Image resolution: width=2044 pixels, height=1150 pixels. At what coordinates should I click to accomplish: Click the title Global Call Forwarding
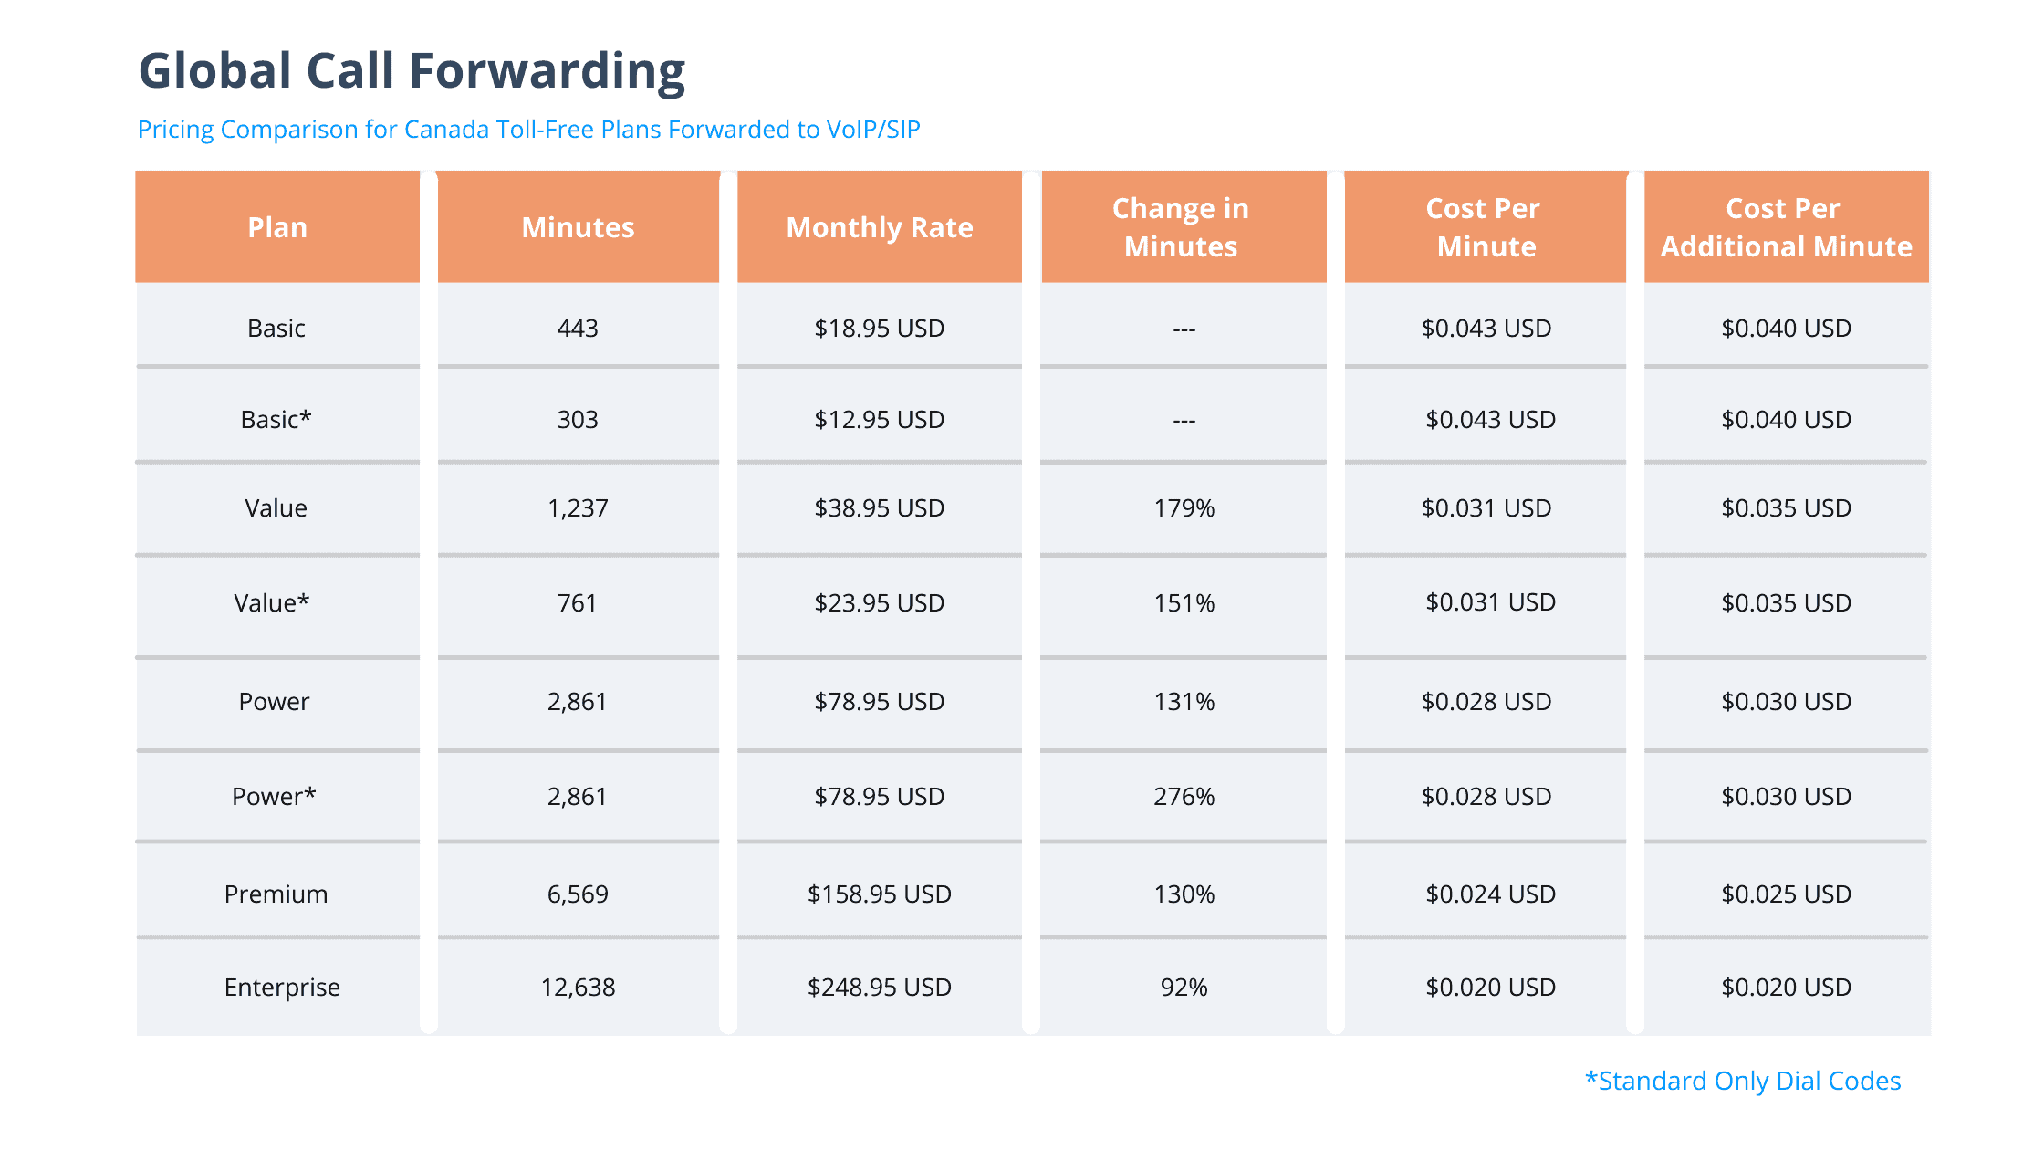pyautogui.click(x=412, y=71)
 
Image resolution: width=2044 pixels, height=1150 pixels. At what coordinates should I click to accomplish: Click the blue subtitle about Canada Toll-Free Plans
pyautogui.click(x=528, y=130)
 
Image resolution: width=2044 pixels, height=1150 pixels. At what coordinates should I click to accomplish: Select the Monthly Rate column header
pyautogui.click(x=879, y=227)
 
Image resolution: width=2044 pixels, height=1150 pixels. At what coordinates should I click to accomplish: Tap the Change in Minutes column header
pyautogui.click(x=1182, y=227)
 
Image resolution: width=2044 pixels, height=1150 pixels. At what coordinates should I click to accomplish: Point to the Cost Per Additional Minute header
pyautogui.click(x=1786, y=227)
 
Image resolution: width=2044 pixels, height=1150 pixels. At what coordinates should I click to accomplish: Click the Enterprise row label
pyautogui.click(x=281, y=987)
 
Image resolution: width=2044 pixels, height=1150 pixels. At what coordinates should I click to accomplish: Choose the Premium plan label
pyautogui.click(x=276, y=894)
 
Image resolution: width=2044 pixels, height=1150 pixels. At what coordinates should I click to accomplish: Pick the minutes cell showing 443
pyautogui.click(x=578, y=329)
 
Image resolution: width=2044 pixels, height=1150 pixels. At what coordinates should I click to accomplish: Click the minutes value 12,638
pyautogui.click(x=578, y=987)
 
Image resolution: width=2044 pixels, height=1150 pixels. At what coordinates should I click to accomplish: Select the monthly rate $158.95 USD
pyautogui.click(x=879, y=894)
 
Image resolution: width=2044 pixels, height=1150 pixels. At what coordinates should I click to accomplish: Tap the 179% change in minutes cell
pyautogui.click(x=1184, y=508)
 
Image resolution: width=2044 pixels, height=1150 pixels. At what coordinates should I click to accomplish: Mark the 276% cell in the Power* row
pyautogui.click(x=1184, y=797)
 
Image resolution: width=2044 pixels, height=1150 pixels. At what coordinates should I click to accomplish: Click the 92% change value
pyautogui.click(x=1184, y=987)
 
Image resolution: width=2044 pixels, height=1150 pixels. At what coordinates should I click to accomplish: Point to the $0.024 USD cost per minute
pyautogui.click(x=1489, y=894)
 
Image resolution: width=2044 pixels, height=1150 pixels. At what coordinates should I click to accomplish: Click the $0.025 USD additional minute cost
pyautogui.click(x=1786, y=894)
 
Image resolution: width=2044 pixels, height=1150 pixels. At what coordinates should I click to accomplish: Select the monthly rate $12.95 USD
pyautogui.click(x=879, y=420)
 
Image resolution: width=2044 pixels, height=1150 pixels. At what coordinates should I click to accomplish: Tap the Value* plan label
pyautogui.click(x=272, y=603)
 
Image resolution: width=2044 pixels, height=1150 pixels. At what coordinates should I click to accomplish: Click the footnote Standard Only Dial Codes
pyautogui.click(x=1742, y=1081)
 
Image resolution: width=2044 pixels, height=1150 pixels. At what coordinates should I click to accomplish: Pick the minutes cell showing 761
pyautogui.click(x=577, y=603)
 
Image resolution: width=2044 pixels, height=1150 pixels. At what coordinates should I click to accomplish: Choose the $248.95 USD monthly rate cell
pyautogui.click(x=879, y=987)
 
